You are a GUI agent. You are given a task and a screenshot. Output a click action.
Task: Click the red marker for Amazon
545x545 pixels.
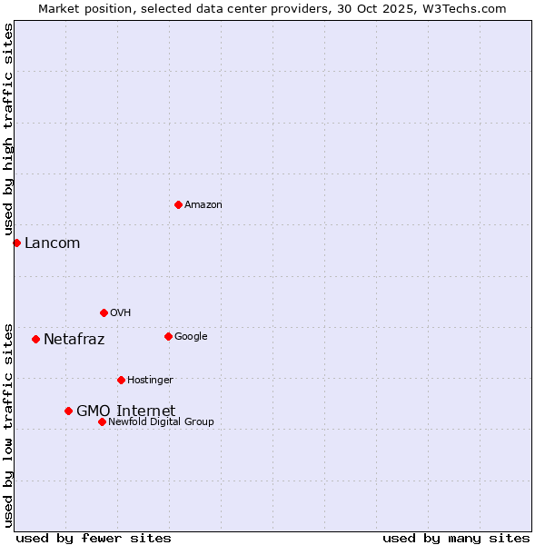178,204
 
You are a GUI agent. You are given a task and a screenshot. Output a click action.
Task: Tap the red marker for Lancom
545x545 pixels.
16,243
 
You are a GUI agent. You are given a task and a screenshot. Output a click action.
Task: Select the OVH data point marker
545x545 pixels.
104,312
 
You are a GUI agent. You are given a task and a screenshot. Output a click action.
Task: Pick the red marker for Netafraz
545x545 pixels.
35,339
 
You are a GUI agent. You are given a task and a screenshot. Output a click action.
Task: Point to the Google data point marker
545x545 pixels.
168,336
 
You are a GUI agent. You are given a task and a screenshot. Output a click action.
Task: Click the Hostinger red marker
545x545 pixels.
121,380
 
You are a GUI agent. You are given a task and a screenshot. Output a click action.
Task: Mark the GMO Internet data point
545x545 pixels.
68,411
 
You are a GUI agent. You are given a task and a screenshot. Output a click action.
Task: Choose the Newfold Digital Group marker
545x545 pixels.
102,421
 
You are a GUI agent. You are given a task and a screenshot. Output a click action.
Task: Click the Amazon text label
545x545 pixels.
203,205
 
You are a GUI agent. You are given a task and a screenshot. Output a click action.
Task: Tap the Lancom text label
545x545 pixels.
52,243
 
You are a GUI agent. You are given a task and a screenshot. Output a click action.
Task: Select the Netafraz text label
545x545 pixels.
74,340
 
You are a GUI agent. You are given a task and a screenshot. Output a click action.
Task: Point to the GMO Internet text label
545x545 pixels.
125,411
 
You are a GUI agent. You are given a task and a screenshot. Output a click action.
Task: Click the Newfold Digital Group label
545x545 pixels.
161,422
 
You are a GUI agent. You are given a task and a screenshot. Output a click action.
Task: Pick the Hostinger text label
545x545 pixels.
150,381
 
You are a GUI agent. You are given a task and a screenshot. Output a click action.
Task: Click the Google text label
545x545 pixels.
191,337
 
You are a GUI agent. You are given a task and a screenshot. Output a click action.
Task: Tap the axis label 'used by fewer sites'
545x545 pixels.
94,538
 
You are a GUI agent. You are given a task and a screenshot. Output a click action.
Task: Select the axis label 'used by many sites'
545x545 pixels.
456,538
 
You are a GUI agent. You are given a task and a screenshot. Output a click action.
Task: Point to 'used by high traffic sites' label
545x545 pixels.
8,130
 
